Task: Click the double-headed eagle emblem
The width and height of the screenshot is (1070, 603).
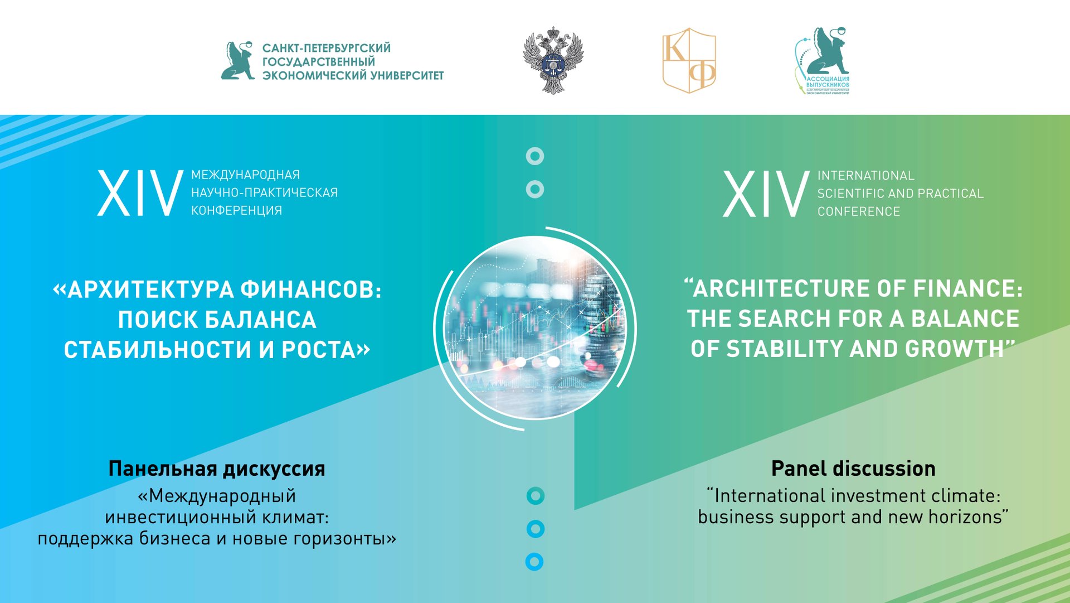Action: point(553,60)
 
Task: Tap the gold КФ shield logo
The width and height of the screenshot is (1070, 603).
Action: point(689,60)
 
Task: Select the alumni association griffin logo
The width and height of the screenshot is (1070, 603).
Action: point(823,60)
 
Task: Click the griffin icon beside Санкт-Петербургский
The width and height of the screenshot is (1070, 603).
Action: point(238,60)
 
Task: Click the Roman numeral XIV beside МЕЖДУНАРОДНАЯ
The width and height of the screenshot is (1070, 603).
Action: point(140,194)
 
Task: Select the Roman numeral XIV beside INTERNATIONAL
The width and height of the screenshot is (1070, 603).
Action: point(766,194)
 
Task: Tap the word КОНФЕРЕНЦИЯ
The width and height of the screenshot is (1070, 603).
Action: point(236,210)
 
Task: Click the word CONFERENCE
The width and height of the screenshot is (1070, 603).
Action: point(858,211)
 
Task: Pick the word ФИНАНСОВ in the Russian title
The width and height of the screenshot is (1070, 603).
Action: point(310,290)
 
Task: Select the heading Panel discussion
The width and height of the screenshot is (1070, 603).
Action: point(853,468)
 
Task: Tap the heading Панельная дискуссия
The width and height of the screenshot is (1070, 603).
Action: point(217,468)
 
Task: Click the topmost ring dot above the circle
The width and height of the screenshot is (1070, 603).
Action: point(535,156)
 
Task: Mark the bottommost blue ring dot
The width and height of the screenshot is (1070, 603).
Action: point(534,562)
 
